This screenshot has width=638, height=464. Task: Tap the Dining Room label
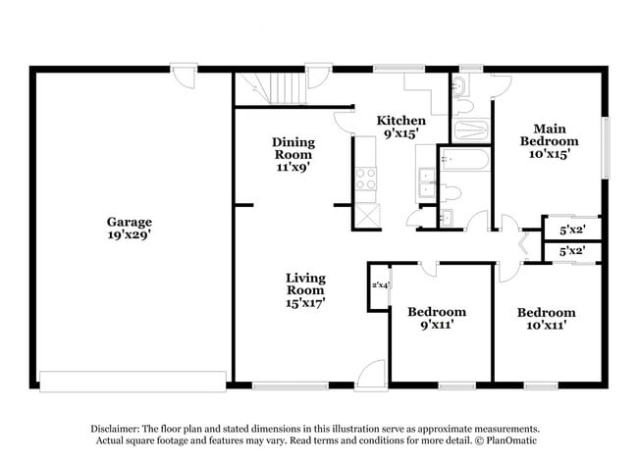(x=292, y=148)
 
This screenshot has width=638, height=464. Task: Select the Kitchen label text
(x=401, y=121)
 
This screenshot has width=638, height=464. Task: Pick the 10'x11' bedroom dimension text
(x=546, y=324)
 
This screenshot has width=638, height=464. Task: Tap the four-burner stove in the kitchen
(x=366, y=179)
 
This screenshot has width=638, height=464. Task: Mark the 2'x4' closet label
(x=380, y=285)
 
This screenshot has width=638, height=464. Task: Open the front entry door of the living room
(x=371, y=376)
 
